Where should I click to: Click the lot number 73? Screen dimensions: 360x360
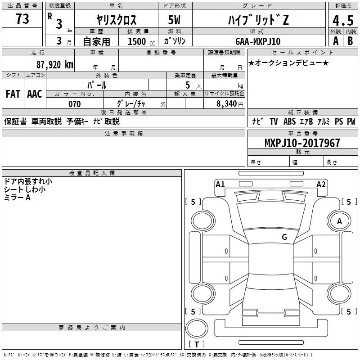pyautogui.click(x=22, y=19)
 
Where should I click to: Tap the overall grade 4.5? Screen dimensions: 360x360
pyautogui.click(x=343, y=21)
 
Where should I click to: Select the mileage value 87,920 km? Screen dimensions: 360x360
pyautogui.click(x=54, y=65)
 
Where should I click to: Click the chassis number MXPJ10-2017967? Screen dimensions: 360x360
pyautogui.click(x=302, y=143)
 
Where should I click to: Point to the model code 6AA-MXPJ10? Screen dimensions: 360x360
pyautogui.click(x=258, y=41)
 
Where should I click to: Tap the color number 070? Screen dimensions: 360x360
pyautogui.click(x=75, y=104)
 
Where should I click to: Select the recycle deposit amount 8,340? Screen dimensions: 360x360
pyautogui.click(x=227, y=104)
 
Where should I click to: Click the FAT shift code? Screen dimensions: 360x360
pyautogui.click(x=13, y=94)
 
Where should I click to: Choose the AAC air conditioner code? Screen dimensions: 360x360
pyautogui.click(x=35, y=94)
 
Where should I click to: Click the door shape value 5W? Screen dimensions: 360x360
pyautogui.click(x=174, y=20)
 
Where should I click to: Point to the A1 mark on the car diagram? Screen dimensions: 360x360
pyautogui.click(x=220, y=184)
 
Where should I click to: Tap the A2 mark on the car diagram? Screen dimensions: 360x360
pyautogui.click(x=321, y=184)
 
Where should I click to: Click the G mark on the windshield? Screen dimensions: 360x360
pyautogui.click(x=284, y=237)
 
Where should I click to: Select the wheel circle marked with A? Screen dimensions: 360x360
pyautogui.click(x=339, y=221)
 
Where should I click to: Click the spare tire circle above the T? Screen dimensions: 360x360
pyautogui.click(x=197, y=328)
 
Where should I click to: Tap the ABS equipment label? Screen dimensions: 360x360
pyautogui.click(x=289, y=121)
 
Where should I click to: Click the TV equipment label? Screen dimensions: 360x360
pyautogui.click(x=274, y=121)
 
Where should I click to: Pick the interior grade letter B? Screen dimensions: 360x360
pyautogui.click(x=350, y=41)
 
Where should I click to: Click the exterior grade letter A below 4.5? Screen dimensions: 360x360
pyautogui.click(x=336, y=41)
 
